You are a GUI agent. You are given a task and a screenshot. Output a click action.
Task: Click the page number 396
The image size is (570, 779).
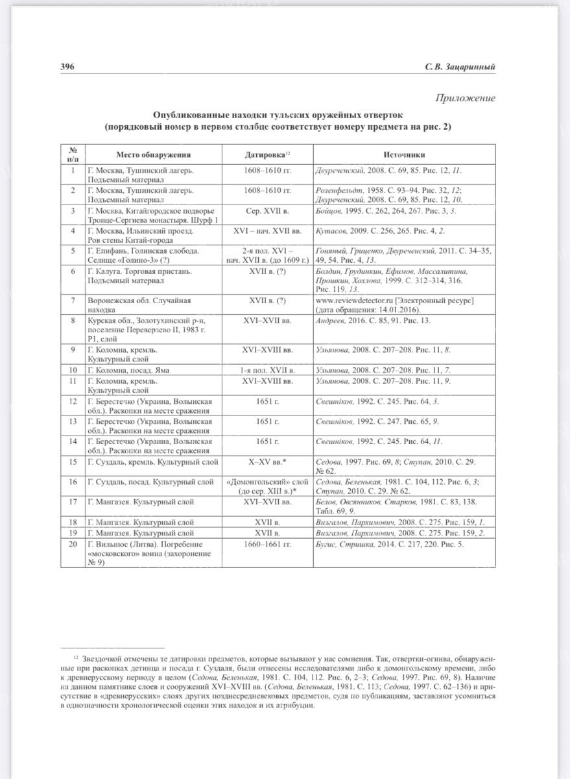click(67, 67)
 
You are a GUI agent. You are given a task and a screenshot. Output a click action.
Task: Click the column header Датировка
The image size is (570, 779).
click(267, 155)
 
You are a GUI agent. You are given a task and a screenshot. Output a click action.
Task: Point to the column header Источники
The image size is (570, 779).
click(403, 155)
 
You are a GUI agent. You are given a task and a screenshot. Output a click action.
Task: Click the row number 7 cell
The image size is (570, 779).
click(73, 301)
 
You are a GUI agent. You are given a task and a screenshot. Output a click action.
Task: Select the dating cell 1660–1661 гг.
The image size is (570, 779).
click(267, 544)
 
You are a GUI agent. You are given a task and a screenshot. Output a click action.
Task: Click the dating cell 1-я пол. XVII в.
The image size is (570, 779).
click(267, 370)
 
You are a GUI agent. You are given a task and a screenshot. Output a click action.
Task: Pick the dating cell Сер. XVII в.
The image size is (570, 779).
click(267, 211)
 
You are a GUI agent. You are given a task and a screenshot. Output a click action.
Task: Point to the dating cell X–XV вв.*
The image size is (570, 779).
click(267, 462)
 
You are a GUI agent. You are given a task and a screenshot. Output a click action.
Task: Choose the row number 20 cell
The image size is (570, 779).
click(73, 544)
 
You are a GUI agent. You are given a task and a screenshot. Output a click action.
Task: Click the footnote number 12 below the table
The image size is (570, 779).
click(76, 657)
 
